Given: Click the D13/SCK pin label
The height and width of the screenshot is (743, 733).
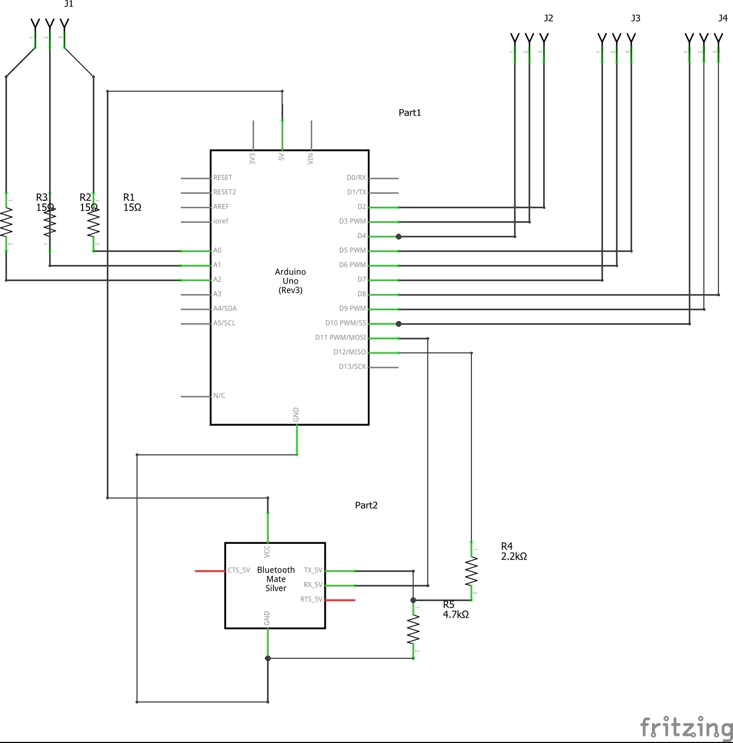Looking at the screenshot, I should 352,366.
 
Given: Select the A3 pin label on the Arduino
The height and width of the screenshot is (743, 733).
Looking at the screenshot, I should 217,294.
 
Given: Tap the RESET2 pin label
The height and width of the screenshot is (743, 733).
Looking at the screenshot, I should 224,192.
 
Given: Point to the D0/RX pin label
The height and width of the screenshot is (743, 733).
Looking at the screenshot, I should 356,178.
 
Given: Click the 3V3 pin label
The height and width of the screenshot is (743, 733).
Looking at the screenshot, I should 252,159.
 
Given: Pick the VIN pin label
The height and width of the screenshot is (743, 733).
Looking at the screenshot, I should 311,159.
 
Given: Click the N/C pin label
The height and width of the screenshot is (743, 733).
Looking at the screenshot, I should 219,396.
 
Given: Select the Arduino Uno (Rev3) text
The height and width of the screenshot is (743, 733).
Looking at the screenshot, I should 290,281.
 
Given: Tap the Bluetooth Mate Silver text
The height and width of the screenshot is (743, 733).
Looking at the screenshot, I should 276,579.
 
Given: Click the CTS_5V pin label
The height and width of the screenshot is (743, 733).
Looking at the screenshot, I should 239,570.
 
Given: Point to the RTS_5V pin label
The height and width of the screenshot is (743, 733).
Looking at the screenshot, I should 311,599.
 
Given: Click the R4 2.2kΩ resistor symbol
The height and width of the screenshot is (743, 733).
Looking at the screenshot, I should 471,571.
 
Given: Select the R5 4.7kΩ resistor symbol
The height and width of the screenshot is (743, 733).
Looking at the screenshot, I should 413,630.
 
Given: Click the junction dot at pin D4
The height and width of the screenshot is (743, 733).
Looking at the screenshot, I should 399,236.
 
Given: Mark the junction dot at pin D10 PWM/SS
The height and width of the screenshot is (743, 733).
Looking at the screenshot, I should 399,324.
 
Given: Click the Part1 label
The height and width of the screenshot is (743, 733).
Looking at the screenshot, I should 409,113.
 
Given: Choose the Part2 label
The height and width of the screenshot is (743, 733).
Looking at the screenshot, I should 366,506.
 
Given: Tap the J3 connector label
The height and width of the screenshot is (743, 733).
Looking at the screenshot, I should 635,18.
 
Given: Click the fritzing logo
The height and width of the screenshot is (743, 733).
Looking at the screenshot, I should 686,727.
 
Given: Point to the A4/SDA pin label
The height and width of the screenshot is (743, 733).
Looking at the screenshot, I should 225,309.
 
